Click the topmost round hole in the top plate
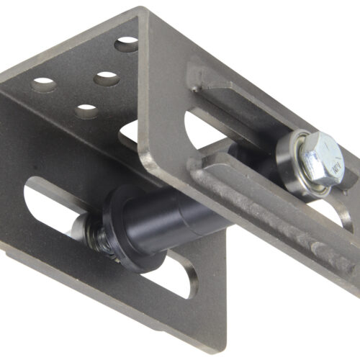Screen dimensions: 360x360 (127, 43)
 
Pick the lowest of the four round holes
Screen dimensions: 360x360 (87, 111)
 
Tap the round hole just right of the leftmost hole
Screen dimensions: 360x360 (106, 78)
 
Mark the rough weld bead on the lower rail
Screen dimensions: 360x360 (288, 223)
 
